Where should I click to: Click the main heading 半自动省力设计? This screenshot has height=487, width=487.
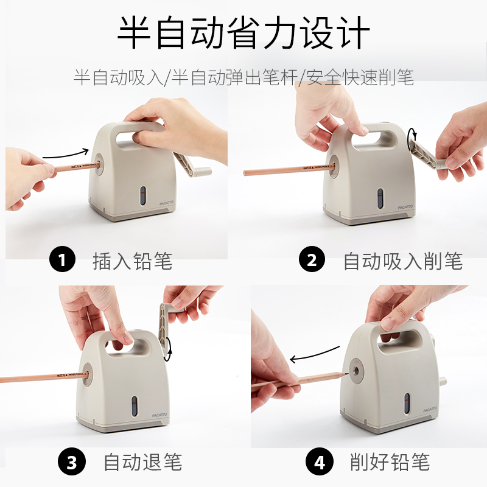click(x=243, y=33)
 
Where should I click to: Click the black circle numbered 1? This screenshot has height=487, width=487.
click(x=62, y=259)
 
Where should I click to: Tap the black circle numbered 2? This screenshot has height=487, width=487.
click(x=312, y=259)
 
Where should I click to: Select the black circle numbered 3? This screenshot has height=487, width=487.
click(x=72, y=461)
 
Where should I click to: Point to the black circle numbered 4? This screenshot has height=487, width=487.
click(x=319, y=461)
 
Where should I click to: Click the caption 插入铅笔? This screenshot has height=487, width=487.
click(x=133, y=261)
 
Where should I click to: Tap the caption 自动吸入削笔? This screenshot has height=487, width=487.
click(x=403, y=261)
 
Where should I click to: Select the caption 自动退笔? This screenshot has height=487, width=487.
click(x=142, y=462)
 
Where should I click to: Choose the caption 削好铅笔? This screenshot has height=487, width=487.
click(x=390, y=462)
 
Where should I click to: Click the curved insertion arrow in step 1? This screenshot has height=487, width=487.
click(x=66, y=155)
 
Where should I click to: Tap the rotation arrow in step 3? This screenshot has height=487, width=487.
click(x=168, y=349)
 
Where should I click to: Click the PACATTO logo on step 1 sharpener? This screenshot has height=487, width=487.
click(x=166, y=203)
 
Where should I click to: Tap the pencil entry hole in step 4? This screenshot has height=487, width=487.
click(x=356, y=370)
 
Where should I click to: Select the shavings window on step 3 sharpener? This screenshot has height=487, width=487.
click(x=134, y=406)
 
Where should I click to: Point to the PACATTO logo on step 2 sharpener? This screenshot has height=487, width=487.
click(x=405, y=207)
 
